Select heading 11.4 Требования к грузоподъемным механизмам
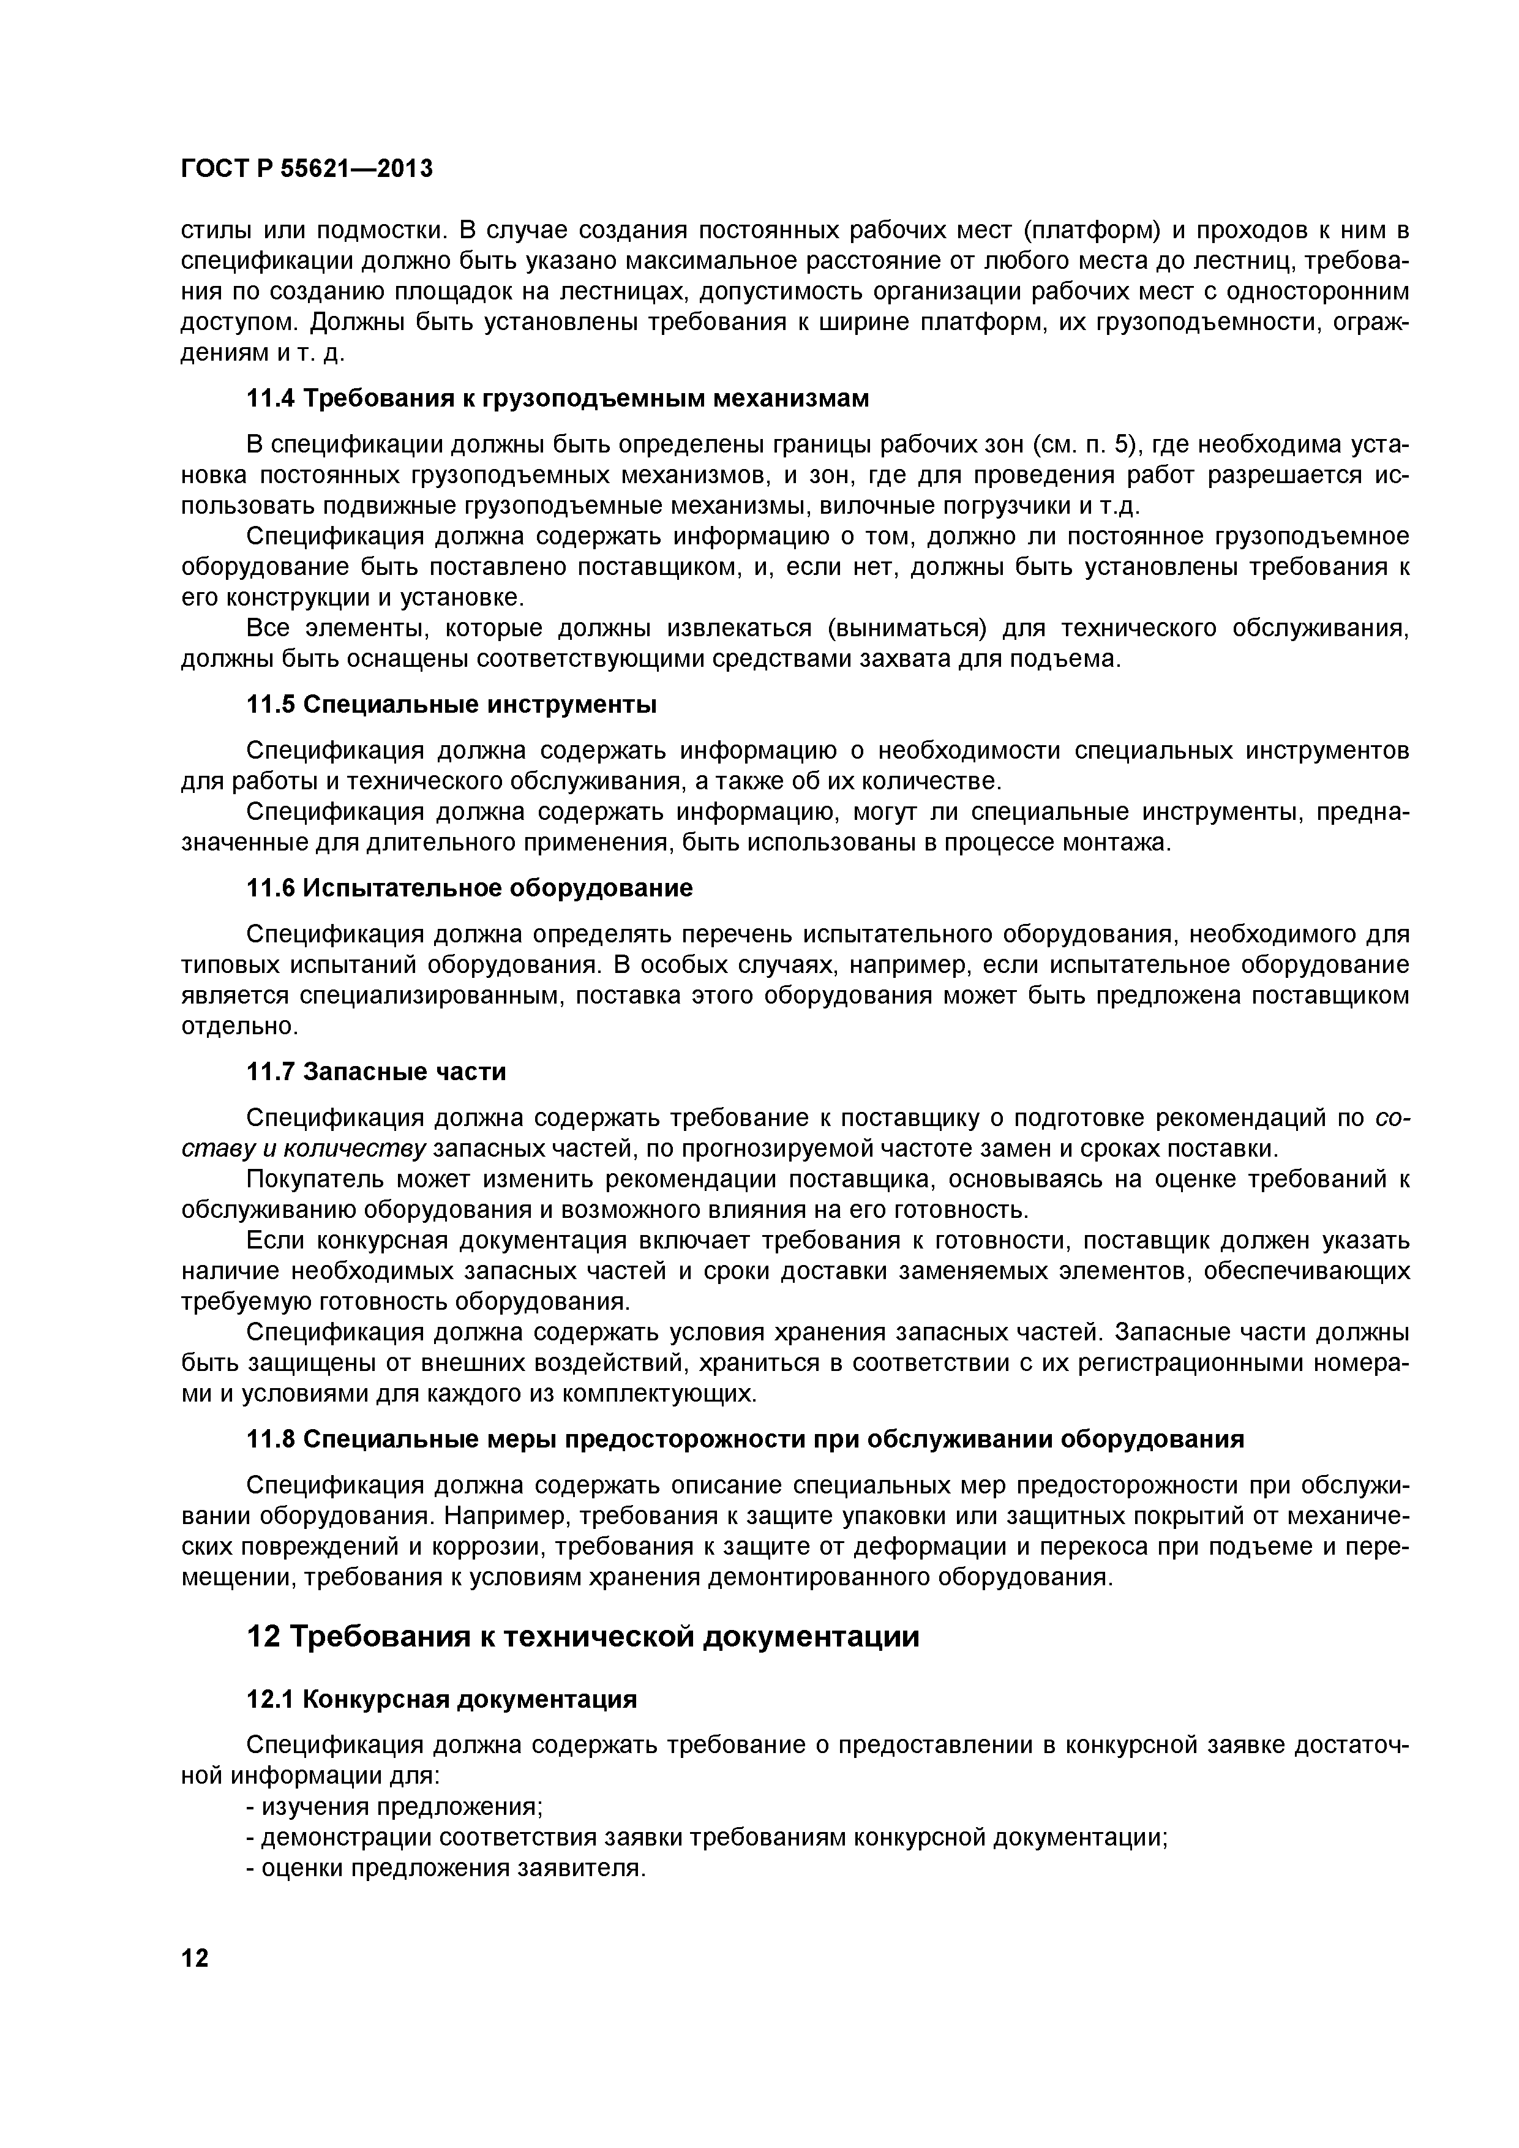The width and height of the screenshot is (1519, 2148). click(x=558, y=399)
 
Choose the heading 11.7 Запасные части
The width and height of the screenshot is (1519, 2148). click(x=376, y=1071)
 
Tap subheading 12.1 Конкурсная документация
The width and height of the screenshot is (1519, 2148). click(x=441, y=1699)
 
